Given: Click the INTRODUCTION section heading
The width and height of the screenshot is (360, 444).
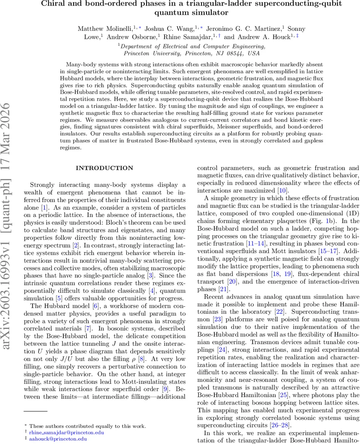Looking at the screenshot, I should [104, 168].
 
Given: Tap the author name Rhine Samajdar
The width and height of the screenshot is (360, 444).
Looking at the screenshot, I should [190, 37].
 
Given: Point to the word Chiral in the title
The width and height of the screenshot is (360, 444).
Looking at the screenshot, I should [53, 4].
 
